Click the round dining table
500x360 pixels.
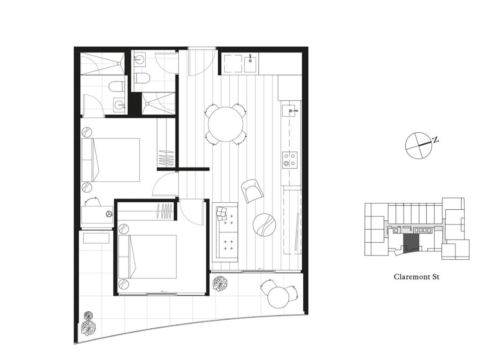(226, 124)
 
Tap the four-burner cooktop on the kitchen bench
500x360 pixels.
(290, 160)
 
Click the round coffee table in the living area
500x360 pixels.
(264, 225)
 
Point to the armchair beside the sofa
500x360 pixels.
(253, 191)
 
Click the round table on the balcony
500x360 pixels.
(279, 297)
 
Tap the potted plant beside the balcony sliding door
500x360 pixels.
(221, 283)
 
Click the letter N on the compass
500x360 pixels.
(435, 139)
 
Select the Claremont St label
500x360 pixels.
(416, 276)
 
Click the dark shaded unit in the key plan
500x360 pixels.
(411, 243)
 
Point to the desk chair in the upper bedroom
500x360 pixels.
(92, 202)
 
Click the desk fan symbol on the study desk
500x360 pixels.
(109, 214)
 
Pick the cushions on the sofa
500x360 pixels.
(221, 213)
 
